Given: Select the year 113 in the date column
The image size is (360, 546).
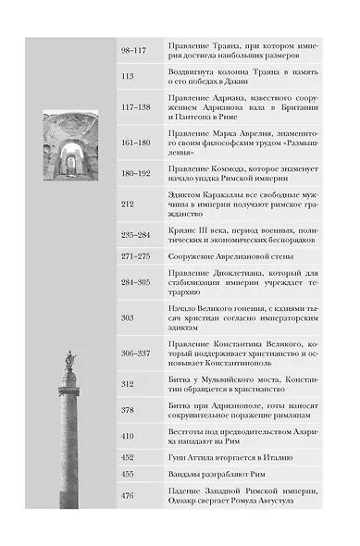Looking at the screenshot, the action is [x=128, y=77].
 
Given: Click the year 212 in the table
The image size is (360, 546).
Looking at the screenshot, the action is [x=128, y=204].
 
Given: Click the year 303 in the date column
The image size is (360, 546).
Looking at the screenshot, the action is [x=128, y=317].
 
